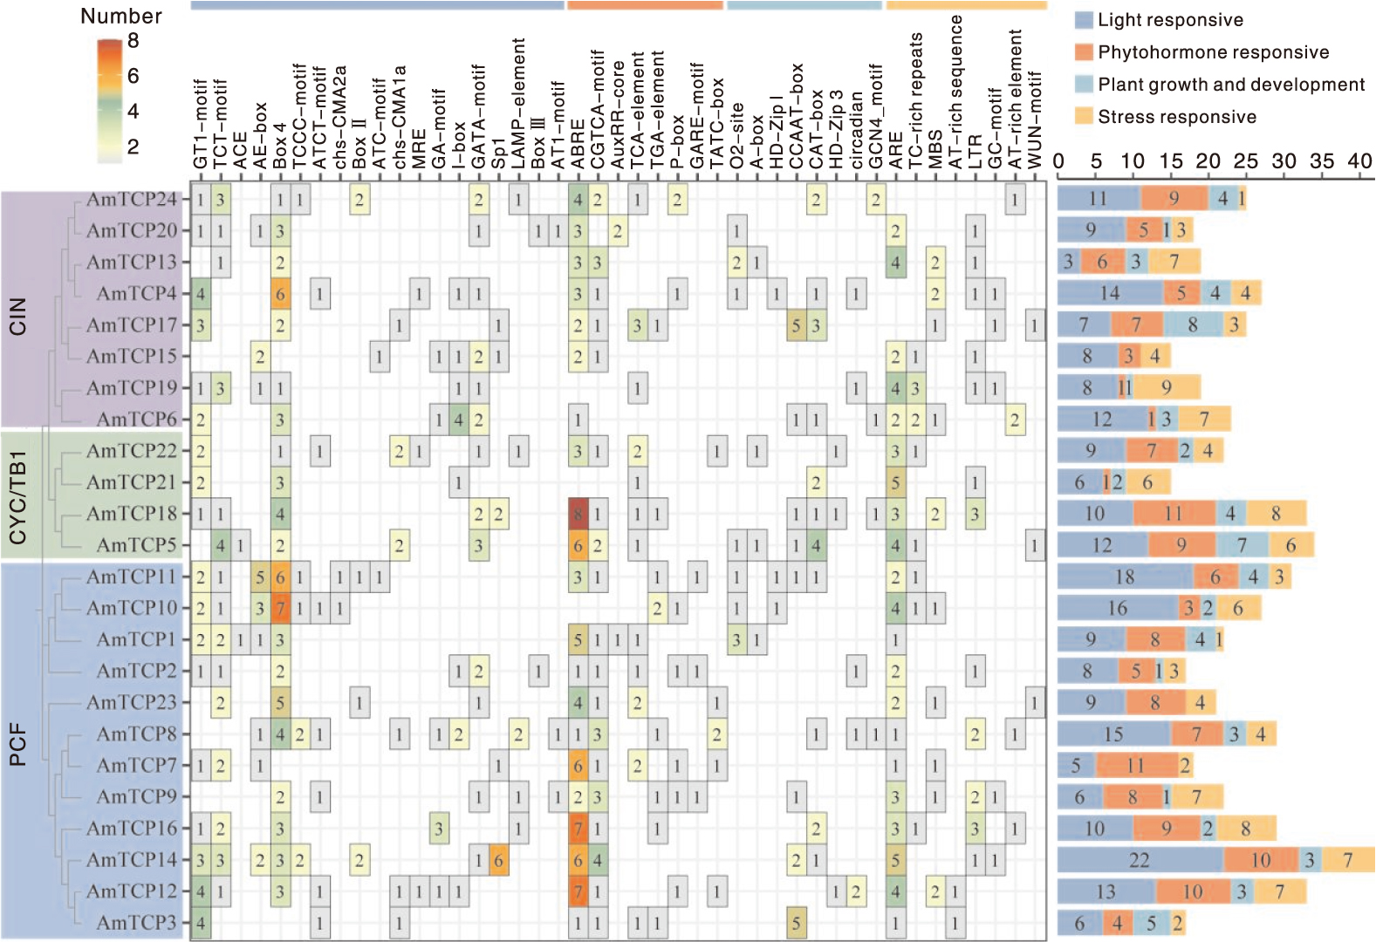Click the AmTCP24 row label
click(x=131, y=199)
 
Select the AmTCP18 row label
click(x=131, y=514)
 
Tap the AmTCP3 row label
click(x=136, y=923)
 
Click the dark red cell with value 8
click(x=578, y=514)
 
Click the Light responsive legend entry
click(x=1170, y=20)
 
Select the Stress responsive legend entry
click(x=1176, y=117)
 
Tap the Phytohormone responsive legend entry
click(x=1213, y=52)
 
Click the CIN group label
click(x=17, y=316)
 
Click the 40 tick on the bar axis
click(x=1359, y=161)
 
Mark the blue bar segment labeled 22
click(x=1140, y=860)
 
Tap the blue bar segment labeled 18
click(x=1125, y=577)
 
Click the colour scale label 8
click(x=133, y=41)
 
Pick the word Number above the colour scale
click(x=121, y=16)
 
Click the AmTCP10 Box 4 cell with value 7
click(x=280, y=608)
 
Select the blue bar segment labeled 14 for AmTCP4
click(x=1110, y=293)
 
